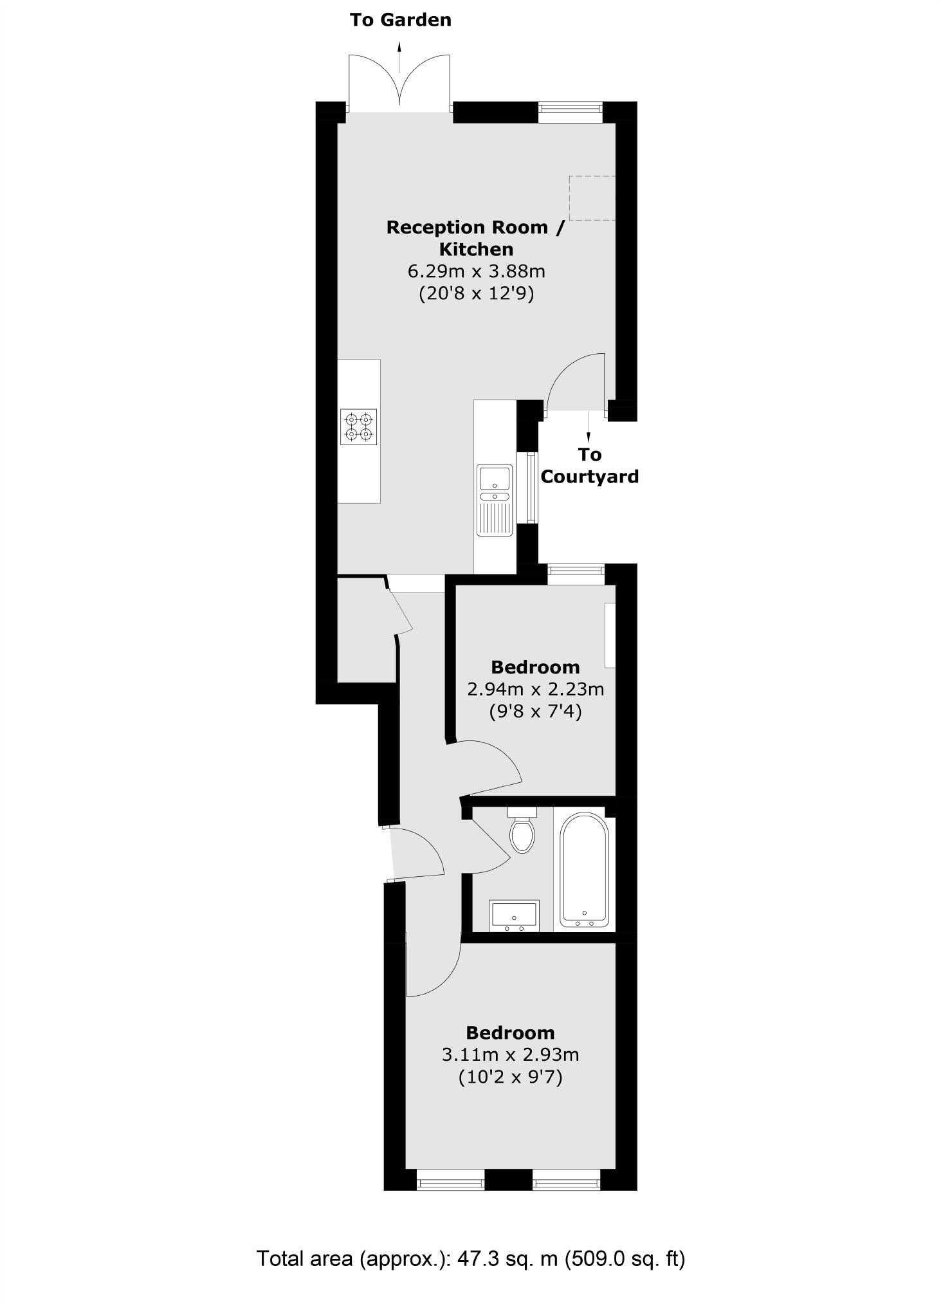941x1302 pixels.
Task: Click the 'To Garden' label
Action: (400, 20)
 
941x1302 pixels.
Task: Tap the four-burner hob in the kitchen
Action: (359, 427)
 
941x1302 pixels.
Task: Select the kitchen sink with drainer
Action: (494, 500)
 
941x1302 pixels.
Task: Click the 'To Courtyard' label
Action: (589, 466)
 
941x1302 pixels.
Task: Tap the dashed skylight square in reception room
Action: (592, 198)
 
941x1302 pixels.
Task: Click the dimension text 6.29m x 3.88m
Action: (477, 271)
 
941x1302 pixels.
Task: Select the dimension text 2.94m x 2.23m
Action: (535, 690)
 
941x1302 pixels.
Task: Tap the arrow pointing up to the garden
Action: (400, 56)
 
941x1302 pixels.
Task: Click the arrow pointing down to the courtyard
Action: (588, 426)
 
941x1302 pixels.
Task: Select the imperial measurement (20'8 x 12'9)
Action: (477, 293)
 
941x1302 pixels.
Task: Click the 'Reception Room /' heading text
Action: (475, 227)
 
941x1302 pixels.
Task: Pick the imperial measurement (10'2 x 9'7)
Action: (510, 1077)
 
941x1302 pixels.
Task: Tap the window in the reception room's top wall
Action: (570, 113)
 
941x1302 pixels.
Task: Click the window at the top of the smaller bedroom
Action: (576, 574)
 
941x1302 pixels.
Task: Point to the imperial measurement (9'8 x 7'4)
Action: (535, 711)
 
